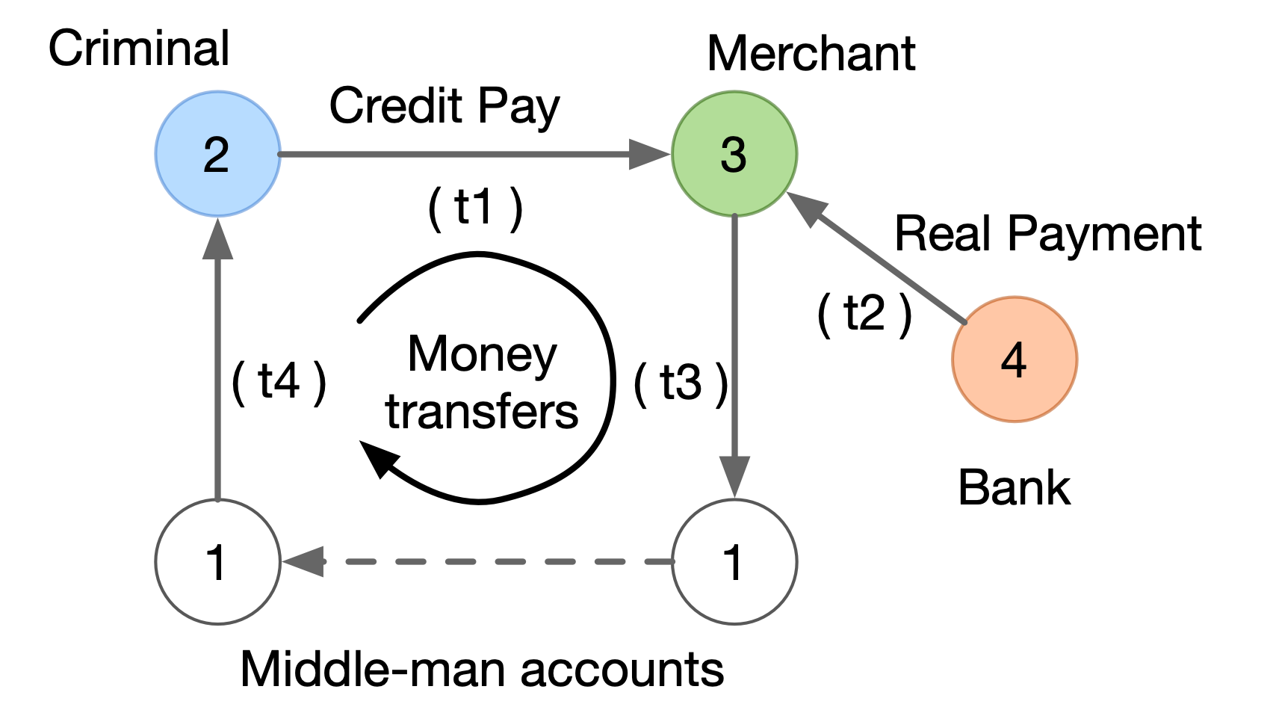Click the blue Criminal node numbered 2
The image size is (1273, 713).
tap(217, 154)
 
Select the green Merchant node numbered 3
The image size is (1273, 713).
tap(734, 154)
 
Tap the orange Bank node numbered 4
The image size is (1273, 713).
tap(1015, 359)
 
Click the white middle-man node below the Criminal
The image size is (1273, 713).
tap(217, 561)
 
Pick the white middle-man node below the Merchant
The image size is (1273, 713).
tap(734, 561)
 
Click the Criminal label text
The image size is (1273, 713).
tap(139, 49)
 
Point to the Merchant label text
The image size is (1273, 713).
tap(811, 54)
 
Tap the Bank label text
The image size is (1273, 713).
tap(1014, 488)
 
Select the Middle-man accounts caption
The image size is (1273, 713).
tap(482, 669)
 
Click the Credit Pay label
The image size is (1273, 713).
tap(445, 106)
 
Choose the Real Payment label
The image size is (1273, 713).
tap(1047, 234)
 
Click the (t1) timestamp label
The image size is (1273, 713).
tap(475, 207)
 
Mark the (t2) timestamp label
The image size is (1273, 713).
tap(865, 314)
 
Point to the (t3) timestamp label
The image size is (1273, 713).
tap(681, 383)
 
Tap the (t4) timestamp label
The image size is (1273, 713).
tap(279, 382)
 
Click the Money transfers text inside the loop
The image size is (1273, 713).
tap(482, 383)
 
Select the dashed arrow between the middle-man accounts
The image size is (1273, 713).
tap(478, 561)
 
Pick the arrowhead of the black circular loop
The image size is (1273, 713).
tap(378, 457)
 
